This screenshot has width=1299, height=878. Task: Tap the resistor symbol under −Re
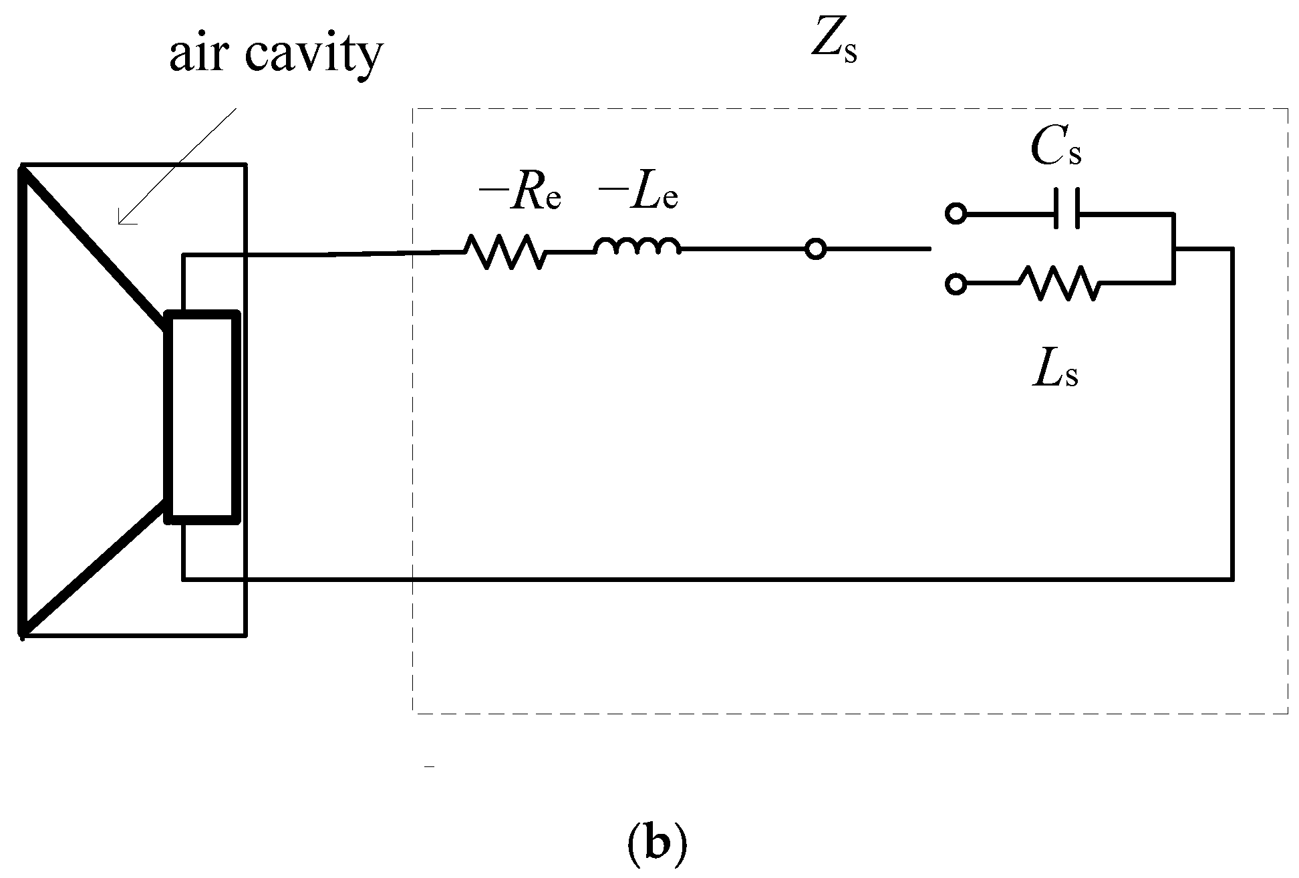504,252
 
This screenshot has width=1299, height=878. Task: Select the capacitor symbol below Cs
1066,214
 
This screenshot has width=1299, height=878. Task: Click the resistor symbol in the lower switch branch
1058,283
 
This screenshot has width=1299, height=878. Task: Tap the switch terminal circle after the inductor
815,250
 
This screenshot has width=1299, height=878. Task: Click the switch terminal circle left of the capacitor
956,214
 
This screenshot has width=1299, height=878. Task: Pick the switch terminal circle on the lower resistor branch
956,284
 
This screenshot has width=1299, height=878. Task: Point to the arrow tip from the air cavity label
120,223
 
